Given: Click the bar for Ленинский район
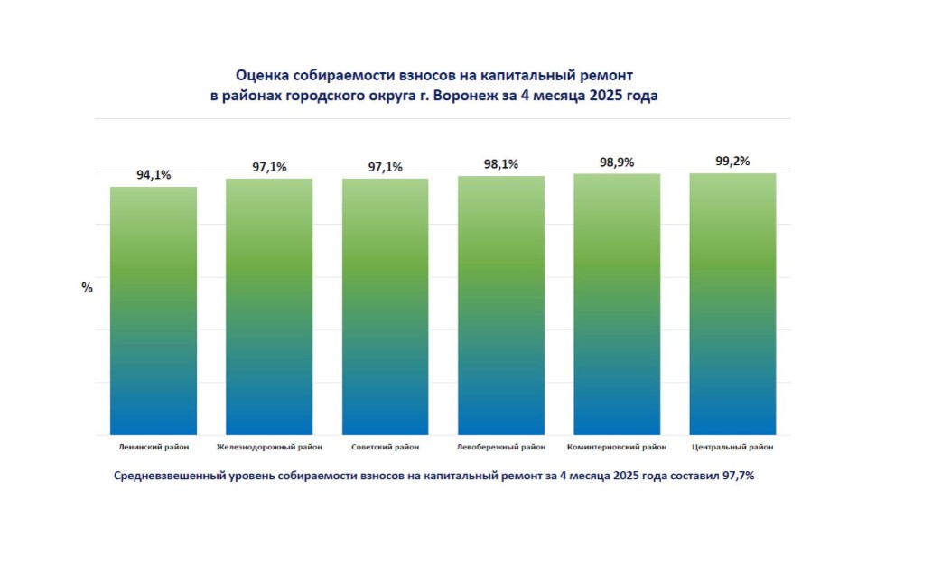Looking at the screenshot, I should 154,311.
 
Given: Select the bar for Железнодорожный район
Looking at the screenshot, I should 269,307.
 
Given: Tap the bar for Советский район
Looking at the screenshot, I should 385,307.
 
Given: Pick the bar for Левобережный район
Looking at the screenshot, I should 501,305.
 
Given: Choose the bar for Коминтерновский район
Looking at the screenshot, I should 617,304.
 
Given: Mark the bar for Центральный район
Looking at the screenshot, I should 732,304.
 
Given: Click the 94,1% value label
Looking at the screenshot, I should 154,176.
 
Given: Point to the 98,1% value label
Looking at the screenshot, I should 501,164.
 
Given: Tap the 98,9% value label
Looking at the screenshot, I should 617,162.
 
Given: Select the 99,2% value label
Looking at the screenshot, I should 732,162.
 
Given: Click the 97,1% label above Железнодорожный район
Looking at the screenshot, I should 269,167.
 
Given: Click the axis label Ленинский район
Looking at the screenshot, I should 154,447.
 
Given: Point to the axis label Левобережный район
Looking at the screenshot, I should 501,447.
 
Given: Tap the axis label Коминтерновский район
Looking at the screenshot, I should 617,447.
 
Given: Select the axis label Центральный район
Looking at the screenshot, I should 732,447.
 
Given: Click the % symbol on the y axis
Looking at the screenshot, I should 88,288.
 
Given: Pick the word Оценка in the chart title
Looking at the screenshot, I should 262,76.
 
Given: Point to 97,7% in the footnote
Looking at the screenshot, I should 735,475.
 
